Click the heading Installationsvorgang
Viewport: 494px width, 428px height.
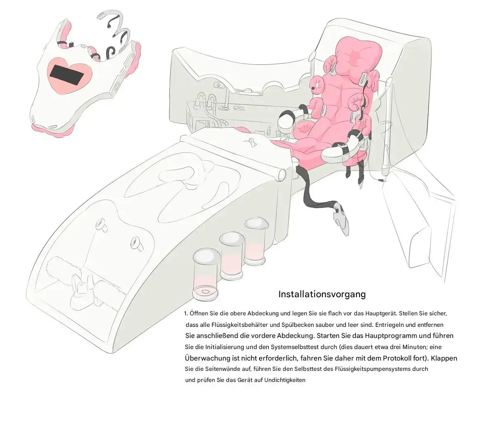coord(322,295)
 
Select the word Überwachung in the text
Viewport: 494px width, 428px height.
coord(207,358)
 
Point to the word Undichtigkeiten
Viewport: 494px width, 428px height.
coord(284,380)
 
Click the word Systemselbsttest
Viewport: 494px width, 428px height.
coord(292,347)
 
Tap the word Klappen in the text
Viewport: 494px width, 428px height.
coord(444,359)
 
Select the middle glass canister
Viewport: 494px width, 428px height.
coord(231,256)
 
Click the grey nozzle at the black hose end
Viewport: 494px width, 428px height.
coord(340,218)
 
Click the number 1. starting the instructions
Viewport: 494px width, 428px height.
coord(186,314)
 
